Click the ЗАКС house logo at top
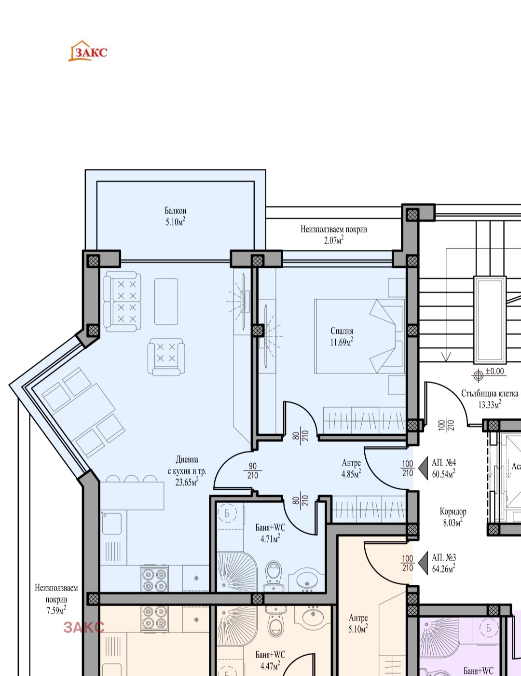(88, 51)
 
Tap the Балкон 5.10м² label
(176, 216)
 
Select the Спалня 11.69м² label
(342, 337)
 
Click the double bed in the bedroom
(359, 336)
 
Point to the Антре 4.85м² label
(351, 468)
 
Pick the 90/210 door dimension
(253, 470)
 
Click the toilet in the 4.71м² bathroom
(274, 576)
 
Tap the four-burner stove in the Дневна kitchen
(154, 578)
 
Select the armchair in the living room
(166, 357)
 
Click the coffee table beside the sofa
(166, 302)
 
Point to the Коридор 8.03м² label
(453, 517)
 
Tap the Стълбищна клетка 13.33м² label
(490, 399)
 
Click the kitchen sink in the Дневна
(111, 523)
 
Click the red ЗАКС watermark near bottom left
(84, 627)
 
